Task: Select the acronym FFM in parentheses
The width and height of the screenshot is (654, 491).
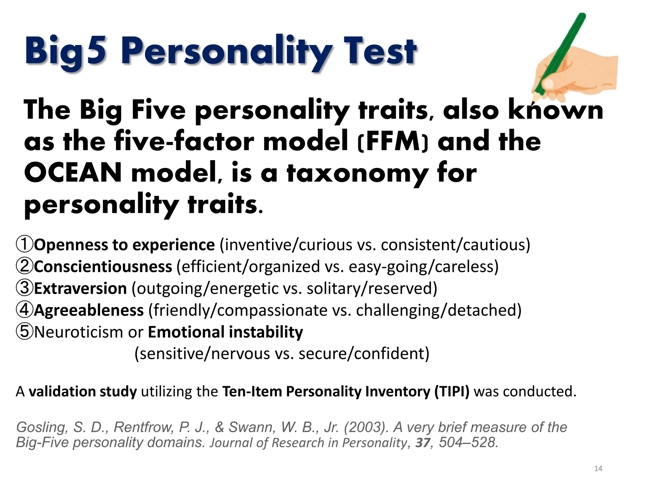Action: tap(393, 142)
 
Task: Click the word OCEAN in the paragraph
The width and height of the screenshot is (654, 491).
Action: tap(73, 173)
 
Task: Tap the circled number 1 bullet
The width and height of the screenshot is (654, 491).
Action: tap(25, 244)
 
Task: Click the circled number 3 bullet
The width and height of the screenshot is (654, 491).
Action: tap(25, 288)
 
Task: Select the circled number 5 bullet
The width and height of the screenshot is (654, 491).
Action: tap(25, 331)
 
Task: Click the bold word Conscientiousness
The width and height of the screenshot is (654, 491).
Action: tap(103, 267)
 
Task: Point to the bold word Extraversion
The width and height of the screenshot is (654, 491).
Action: tap(80, 288)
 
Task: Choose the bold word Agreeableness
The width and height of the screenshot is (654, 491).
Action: tap(89, 310)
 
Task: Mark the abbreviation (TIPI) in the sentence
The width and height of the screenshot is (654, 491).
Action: tap(452, 392)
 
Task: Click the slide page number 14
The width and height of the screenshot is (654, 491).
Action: tap(598, 469)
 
